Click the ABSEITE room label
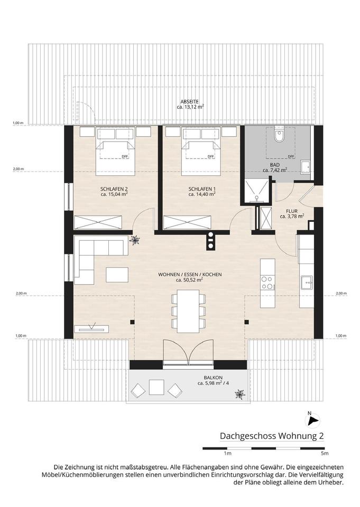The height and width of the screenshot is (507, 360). pyautogui.click(x=189, y=101)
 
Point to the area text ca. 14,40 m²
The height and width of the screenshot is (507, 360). pyautogui.click(x=202, y=194)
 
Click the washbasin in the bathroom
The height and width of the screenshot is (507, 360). pyautogui.click(x=305, y=167)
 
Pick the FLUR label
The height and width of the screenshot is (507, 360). pyautogui.click(x=292, y=211)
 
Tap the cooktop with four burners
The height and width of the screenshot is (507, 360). pyautogui.click(x=267, y=283)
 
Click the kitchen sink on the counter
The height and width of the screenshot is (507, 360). pyautogui.click(x=306, y=283)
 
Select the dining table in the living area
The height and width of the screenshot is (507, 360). pyautogui.click(x=188, y=311)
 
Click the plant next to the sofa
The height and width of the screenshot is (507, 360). pyautogui.click(x=134, y=240)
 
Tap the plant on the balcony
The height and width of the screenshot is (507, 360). pyautogui.click(x=240, y=394)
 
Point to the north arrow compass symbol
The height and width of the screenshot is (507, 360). pyautogui.click(x=313, y=420)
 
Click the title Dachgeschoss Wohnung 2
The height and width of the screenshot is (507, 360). pyautogui.click(x=272, y=436)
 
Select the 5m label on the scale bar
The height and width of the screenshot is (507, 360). pyautogui.click(x=325, y=453)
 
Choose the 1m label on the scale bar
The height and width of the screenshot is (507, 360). pyautogui.click(x=228, y=453)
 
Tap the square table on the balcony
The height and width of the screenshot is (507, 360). pyautogui.click(x=156, y=387)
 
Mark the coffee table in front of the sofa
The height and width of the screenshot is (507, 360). pyautogui.click(x=117, y=275)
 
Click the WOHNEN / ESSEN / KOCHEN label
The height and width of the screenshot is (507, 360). pyautogui.click(x=190, y=275)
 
